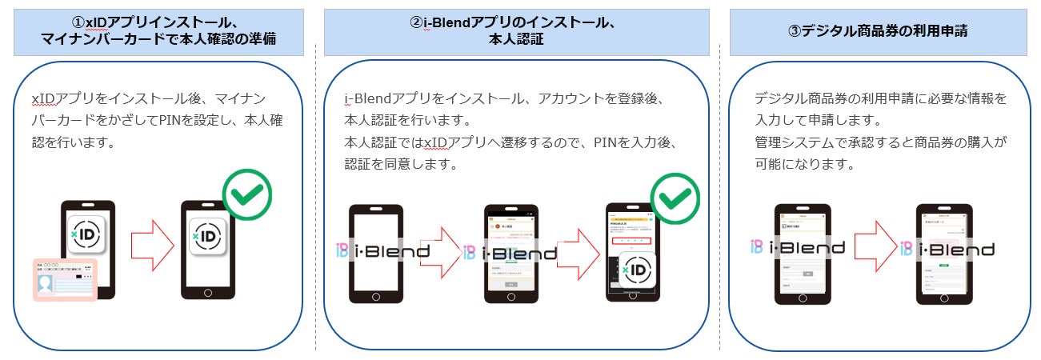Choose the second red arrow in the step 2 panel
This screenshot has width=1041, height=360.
[x=578, y=253]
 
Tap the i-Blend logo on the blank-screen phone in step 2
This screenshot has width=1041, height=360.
[x=383, y=251]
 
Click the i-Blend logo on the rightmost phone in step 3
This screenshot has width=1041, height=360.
[x=948, y=249]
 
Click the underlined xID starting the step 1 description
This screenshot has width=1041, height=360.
[x=42, y=99]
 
